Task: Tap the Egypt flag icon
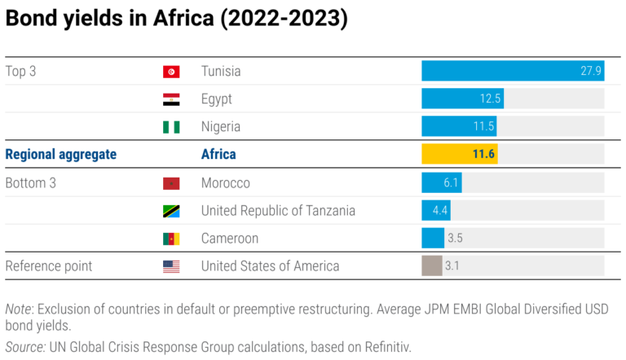pos(171,99)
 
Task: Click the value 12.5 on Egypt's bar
pos(490,99)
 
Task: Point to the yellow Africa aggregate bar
pos(459,154)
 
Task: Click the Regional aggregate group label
pos(61,154)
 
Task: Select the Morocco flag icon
pos(171,183)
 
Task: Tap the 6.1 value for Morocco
pos(452,183)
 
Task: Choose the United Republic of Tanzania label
pos(278,211)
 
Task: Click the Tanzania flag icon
pos(171,211)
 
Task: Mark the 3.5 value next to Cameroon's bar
pos(456,239)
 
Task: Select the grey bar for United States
pos(431,266)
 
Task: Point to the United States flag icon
pos(171,266)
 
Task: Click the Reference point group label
pos(49,266)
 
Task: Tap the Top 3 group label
pos(20,71)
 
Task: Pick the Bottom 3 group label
pos(31,183)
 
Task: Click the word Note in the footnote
pos(18,310)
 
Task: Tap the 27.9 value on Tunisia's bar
pos(591,71)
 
